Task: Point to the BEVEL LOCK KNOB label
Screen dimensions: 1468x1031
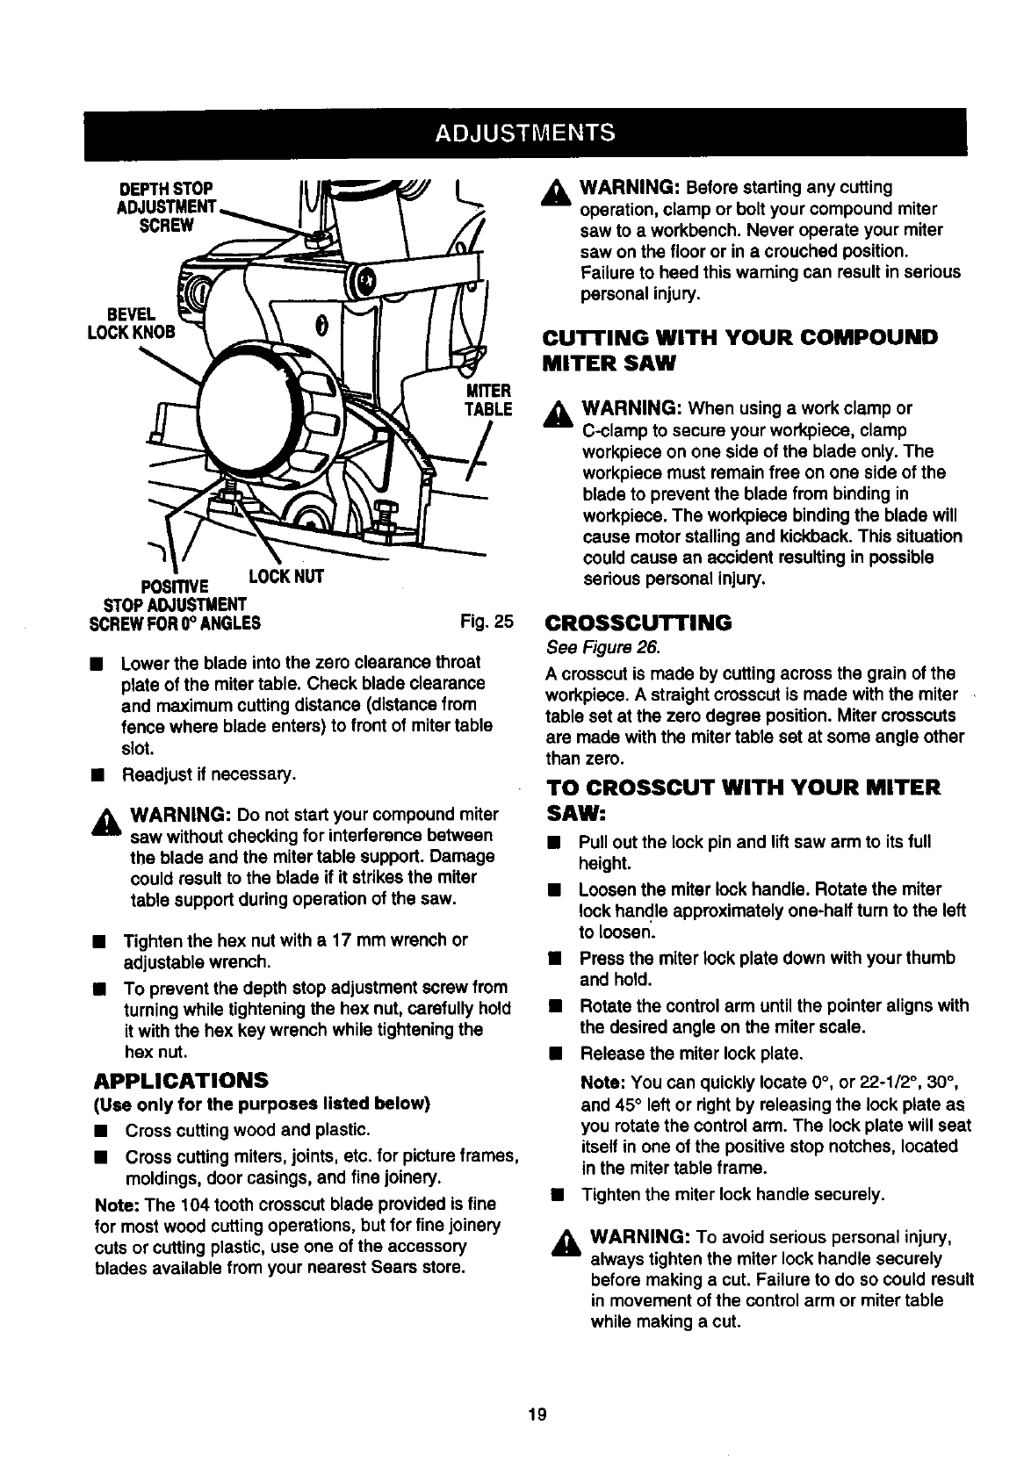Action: (x=141, y=322)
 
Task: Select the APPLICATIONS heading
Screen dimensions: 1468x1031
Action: (x=181, y=1079)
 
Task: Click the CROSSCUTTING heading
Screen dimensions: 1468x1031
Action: (x=638, y=623)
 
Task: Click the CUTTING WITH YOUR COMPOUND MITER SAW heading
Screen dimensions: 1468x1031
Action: (x=741, y=349)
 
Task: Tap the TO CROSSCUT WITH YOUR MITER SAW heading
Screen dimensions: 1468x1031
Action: (x=742, y=797)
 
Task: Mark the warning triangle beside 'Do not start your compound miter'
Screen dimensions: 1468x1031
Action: (x=112, y=819)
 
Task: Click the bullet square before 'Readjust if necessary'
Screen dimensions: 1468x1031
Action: (x=101, y=775)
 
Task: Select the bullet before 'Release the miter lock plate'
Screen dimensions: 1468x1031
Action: (x=555, y=1053)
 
